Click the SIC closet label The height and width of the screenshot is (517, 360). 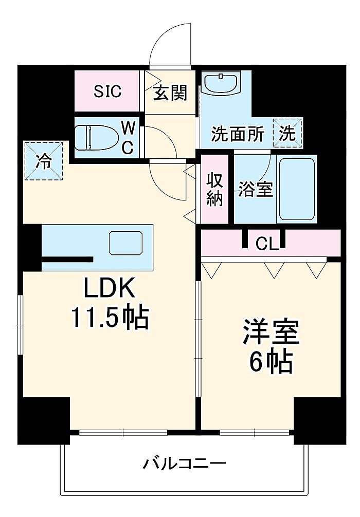pyautogui.click(x=107, y=91)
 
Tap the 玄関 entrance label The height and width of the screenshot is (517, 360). pyautogui.click(x=170, y=93)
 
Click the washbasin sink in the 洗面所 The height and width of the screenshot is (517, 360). pyautogui.click(x=221, y=83)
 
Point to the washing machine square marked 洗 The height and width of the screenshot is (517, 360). pyautogui.click(x=287, y=133)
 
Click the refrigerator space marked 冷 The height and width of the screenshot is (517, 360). pyautogui.click(x=44, y=161)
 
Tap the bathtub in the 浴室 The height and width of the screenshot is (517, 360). pyautogui.click(x=297, y=189)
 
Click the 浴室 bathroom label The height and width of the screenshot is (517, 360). pyautogui.click(x=256, y=189)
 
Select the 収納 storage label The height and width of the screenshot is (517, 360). pyautogui.click(x=215, y=190)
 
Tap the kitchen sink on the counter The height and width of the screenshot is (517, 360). pyautogui.click(x=126, y=243)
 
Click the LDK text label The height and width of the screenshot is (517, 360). pyautogui.click(x=110, y=287)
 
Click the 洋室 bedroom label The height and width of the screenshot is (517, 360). pyautogui.click(x=271, y=332)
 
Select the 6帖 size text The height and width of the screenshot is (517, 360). pyautogui.click(x=271, y=361)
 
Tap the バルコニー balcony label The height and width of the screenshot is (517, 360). pyautogui.click(x=185, y=464)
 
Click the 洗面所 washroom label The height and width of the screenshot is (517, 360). pyautogui.click(x=238, y=134)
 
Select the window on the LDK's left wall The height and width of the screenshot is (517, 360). pyautogui.click(x=20, y=325)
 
